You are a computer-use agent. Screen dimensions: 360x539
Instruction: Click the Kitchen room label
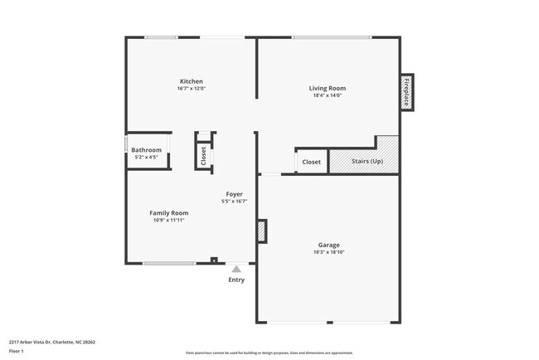(x=192, y=81)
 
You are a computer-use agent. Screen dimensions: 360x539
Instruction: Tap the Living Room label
(x=328, y=88)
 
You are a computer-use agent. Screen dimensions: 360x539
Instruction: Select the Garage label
(x=329, y=245)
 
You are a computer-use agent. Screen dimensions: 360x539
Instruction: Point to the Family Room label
(x=168, y=213)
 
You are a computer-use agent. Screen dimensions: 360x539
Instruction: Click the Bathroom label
(x=146, y=149)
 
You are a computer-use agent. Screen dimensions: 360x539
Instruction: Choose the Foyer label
(x=234, y=194)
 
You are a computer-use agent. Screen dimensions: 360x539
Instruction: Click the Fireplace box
(x=406, y=92)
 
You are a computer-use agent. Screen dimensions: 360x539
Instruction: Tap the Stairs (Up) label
(x=367, y=161)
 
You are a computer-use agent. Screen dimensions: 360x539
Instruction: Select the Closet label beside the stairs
(x=311, y=162)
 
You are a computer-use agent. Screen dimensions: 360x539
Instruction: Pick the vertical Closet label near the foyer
(x=203, y=155)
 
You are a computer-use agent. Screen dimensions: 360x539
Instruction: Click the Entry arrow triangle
(x=236, y=269)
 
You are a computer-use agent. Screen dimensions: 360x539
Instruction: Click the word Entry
(x=237, y=280)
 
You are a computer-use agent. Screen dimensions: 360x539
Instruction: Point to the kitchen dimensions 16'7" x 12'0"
(x=192, y=89)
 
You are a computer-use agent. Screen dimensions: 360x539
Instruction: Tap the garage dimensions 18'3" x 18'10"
(x=329, y=252)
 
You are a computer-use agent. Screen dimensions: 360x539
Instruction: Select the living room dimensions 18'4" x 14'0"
(x=328, y=95)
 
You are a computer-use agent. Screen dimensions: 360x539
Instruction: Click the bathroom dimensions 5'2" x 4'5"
(x=146, y=157)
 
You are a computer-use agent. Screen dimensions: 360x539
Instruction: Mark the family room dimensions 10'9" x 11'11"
(x=168, y=221)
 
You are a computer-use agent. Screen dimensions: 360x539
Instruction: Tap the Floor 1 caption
(x=17, y=351)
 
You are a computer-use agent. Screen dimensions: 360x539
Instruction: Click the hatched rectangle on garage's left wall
(x=263, y=231)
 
